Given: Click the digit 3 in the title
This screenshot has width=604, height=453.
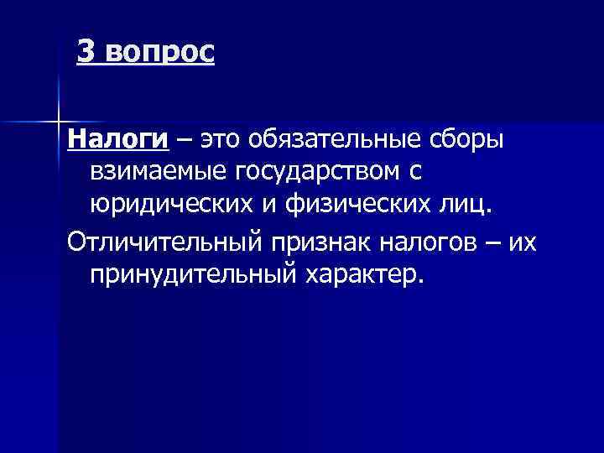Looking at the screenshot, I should (x=85, y=51).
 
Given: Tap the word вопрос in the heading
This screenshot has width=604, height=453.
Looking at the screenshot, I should (x=159, y=53).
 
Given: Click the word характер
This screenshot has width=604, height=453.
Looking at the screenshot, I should (x=363, y=276).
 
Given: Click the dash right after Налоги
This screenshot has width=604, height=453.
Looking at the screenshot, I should (x=184, y=139).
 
